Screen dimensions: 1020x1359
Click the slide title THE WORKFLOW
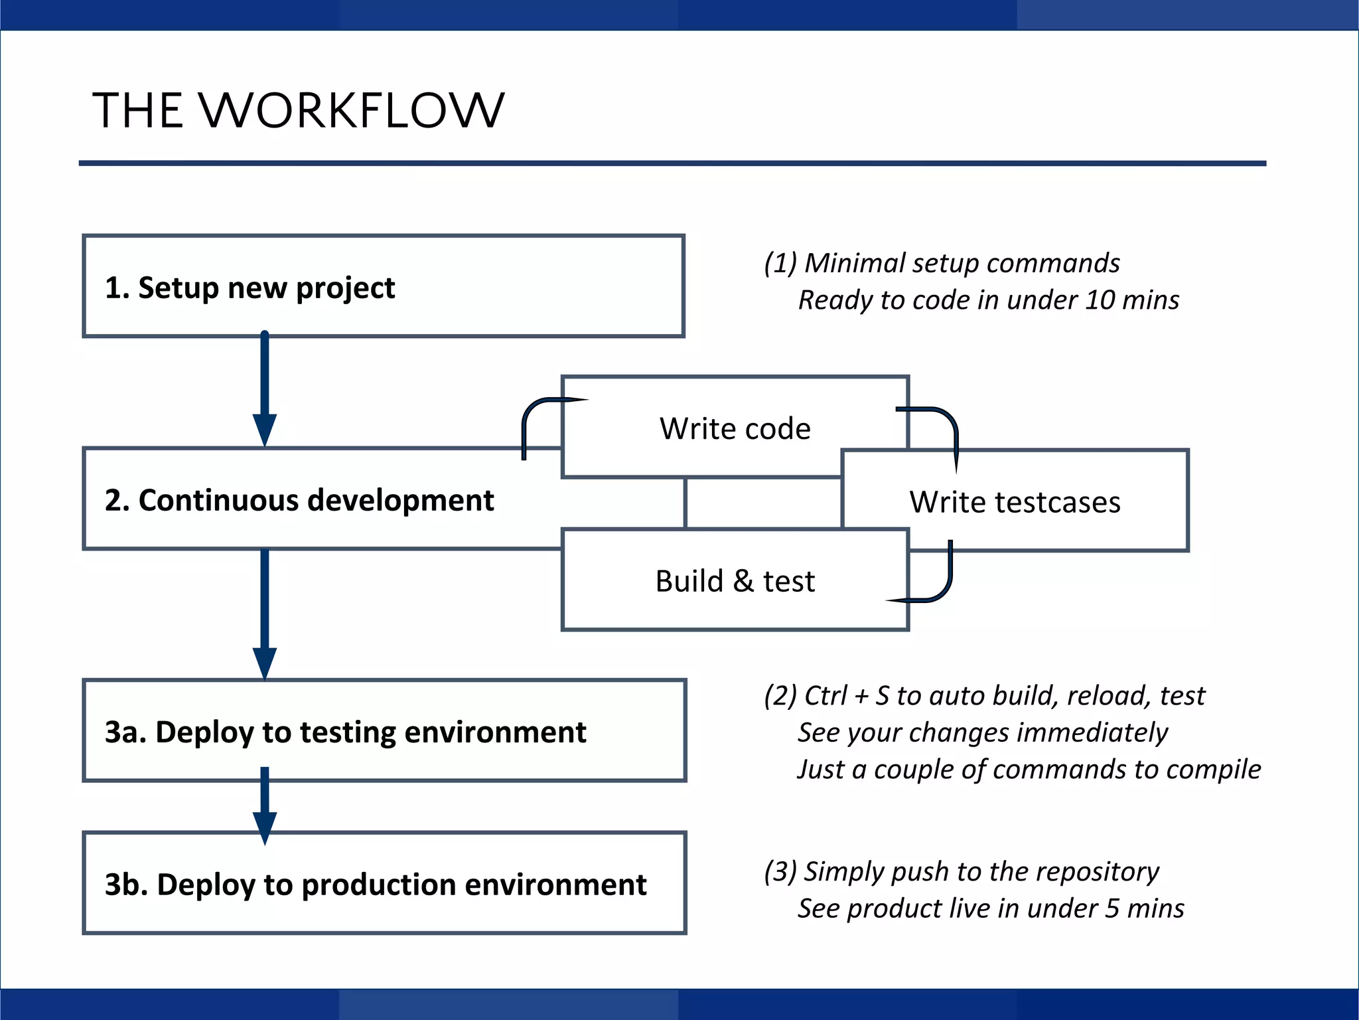tap(298, 110)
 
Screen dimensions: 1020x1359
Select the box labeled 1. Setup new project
tap(383, 286)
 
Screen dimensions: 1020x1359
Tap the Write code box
tap(735, 428)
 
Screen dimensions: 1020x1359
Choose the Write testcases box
tap(1015, 502)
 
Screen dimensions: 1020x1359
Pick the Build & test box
tap(735, 581)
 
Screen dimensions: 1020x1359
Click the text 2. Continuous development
tap(299, 500)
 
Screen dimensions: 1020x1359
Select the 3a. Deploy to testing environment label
tap(345, 732)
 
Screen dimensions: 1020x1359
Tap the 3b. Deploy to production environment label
tap(375, 885)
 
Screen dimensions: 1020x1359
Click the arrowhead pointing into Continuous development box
tap(265, 429)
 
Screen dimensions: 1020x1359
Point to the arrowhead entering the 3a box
tap(265, 662)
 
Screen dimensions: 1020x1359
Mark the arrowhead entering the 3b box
tap(265, 827)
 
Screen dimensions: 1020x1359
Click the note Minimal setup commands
tap(942, 263)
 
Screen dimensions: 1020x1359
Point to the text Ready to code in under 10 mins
tap(988, 300)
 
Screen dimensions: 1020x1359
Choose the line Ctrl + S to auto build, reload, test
tap(984, 696)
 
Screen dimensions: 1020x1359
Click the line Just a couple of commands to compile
tap(1029, 770)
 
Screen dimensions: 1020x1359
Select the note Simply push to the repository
tap(962, 871)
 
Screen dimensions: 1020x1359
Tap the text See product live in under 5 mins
tap(990, 908)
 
